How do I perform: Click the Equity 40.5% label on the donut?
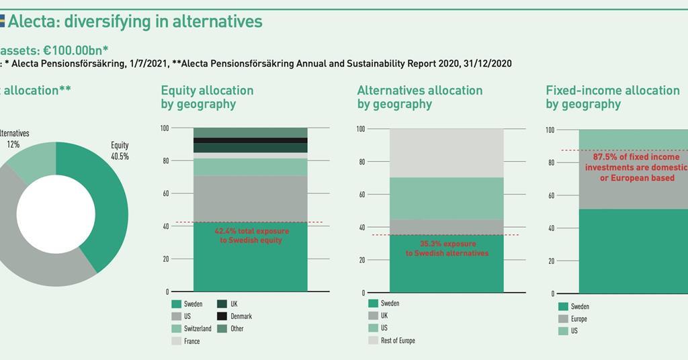[120, 150]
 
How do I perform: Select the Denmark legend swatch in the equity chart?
[222, 316]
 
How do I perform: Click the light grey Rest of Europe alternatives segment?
[446, 152]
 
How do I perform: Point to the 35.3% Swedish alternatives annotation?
[447, 249]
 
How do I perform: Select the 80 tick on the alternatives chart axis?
[360, 162]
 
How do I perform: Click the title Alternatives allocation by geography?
[419, 97]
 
